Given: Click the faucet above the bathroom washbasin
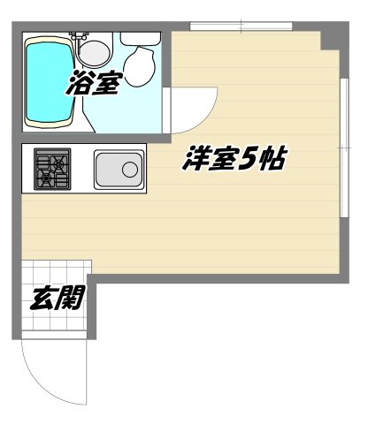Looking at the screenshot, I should (x=81, y=38).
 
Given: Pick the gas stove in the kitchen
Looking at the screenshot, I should (x=53, y=169).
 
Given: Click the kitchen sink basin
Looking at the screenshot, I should (x=119, y=170).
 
